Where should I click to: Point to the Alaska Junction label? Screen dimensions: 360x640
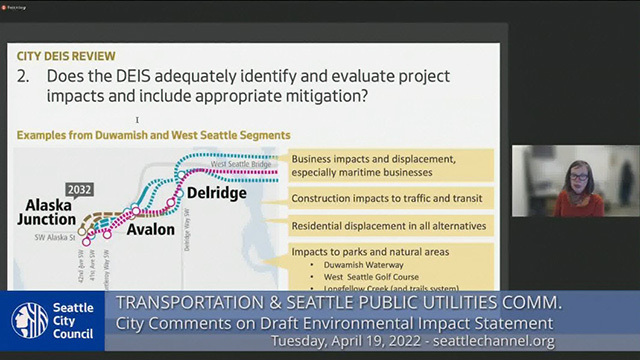pos(46,213)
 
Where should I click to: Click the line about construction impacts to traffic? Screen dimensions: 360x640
pos(386,198)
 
